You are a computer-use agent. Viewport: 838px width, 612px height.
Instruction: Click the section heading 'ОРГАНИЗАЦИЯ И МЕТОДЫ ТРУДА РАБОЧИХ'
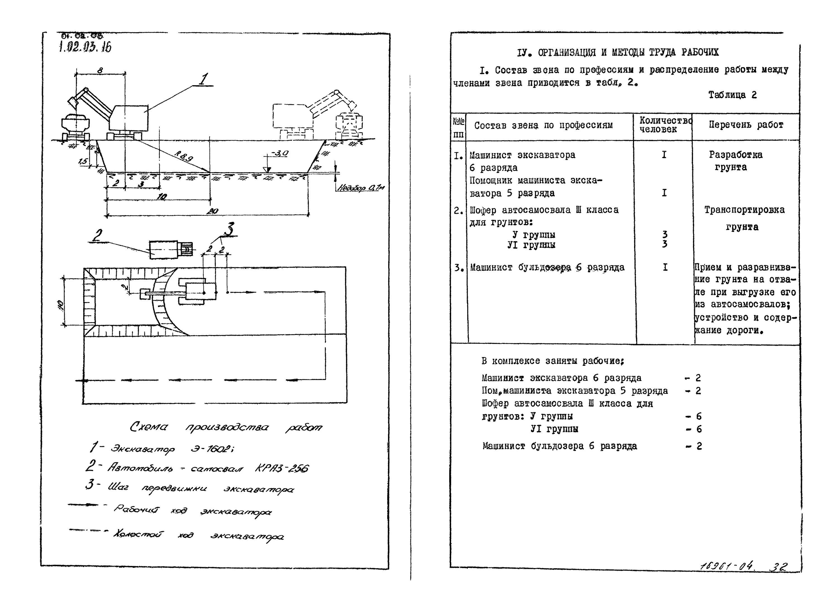pyautogui.click(x=628, y=53)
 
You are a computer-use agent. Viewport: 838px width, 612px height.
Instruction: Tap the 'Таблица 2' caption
pyautogui.click(x=732, y=95)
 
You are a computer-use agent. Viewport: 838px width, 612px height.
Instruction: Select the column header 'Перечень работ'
pyautogui.click(x=746, y=125)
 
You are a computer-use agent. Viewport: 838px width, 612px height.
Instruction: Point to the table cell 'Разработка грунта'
pyautogui.click(x=735, y=161)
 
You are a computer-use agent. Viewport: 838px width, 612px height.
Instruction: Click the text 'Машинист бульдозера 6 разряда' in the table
pyautogui.click(x=547, y=267)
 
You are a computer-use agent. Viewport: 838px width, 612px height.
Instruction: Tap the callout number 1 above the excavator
pyautogui.click(x=203, y=79)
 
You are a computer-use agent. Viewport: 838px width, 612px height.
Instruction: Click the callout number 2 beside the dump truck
pyautogui.click(x=97, y=235)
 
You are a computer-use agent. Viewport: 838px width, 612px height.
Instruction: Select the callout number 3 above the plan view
pyautogui.click(x=230, y=229)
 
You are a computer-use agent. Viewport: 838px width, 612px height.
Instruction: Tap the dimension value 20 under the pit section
pyautogui.click(x=212, y=211)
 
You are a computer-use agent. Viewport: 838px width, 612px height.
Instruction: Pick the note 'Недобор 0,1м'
pyautogui.click(x=360, y=188)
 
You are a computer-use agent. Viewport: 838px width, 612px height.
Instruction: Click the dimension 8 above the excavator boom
pyautogui.click(x=100, y=70)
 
